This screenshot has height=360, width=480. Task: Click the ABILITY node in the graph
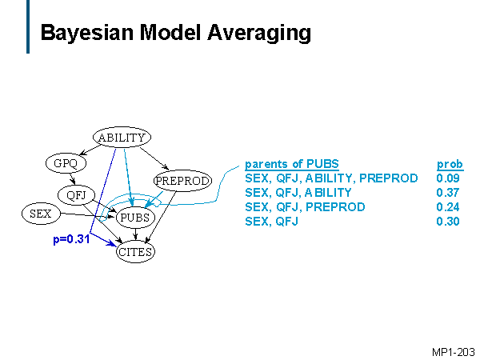pos(122,138)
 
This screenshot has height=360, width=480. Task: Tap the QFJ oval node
pos(77,194)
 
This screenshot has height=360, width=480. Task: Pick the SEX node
pos(40,214)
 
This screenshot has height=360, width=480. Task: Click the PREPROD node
pos(182,181)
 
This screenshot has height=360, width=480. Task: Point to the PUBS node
pos(134,217)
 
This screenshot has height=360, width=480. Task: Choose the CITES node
pos(135,252)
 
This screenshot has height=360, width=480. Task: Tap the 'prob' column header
pos(450,164)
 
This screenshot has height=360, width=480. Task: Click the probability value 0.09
pos(449,178)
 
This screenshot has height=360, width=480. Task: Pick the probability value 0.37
pos(449,193)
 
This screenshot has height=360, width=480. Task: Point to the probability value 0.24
pos(449,207)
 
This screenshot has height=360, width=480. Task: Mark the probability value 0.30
pos(449,222)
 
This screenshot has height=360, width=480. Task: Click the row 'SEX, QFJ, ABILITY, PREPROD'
pos(331,178)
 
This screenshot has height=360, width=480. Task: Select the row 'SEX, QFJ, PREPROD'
pos(305,207)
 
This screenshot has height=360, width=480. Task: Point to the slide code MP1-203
pos(453,351)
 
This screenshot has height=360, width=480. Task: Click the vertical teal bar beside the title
pos(28,27)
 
